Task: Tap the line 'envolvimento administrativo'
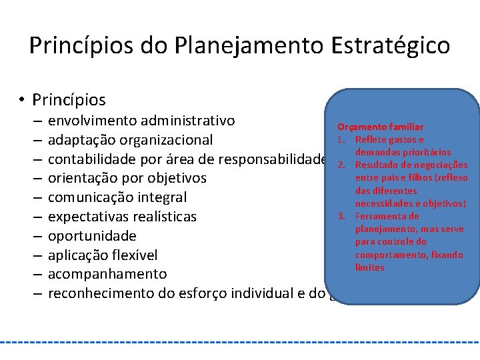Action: click(x=141, y=121)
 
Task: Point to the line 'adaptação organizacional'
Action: click(x=131, y=140)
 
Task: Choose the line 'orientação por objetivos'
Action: click(x=127, y=179)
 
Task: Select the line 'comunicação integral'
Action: click(x=117, y=197)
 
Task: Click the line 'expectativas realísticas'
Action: click(x=123, y=217)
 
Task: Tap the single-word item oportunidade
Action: click(x=92, y=235)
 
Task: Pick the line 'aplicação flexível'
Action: click(x=103, y=255)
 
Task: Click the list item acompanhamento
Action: click(x=107, y=274)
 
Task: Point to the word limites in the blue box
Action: click(x=369, y=267)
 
